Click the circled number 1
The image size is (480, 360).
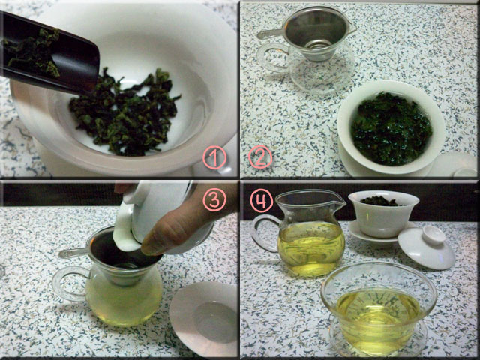click(x=214, y=157)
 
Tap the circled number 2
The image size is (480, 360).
click(x=260, y=157)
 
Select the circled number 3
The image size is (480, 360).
click(x=214, y=199)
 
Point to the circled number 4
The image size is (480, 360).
click(x=262, y=200)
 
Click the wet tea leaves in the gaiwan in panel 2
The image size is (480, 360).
click(x=391, y=128)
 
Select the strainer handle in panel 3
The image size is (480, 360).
click(x=73, y=253)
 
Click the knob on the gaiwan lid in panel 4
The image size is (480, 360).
click(x=433, y=235)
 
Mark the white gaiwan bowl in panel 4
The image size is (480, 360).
click(x=383, y=214)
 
